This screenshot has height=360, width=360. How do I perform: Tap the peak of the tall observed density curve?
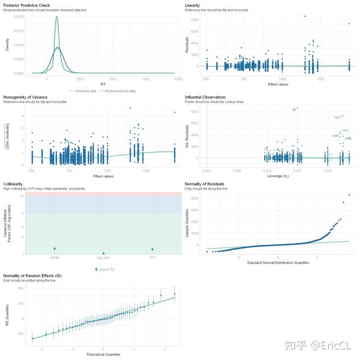pos(57,17)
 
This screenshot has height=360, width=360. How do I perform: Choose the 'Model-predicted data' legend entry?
pos(120,91)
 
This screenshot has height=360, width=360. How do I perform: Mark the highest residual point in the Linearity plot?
pos(305,16)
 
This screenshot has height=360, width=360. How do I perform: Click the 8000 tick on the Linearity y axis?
pos(196,20)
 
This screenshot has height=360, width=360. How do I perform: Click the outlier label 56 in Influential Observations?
pos(294,109)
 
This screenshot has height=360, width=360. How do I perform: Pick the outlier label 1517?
pos(337,117)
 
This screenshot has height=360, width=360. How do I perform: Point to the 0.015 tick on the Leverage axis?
pos(289,170)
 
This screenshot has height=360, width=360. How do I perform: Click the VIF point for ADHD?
pos(55,248)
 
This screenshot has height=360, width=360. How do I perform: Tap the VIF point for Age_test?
pos(103,253)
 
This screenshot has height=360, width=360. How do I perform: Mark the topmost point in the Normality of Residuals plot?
pos(349,194)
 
